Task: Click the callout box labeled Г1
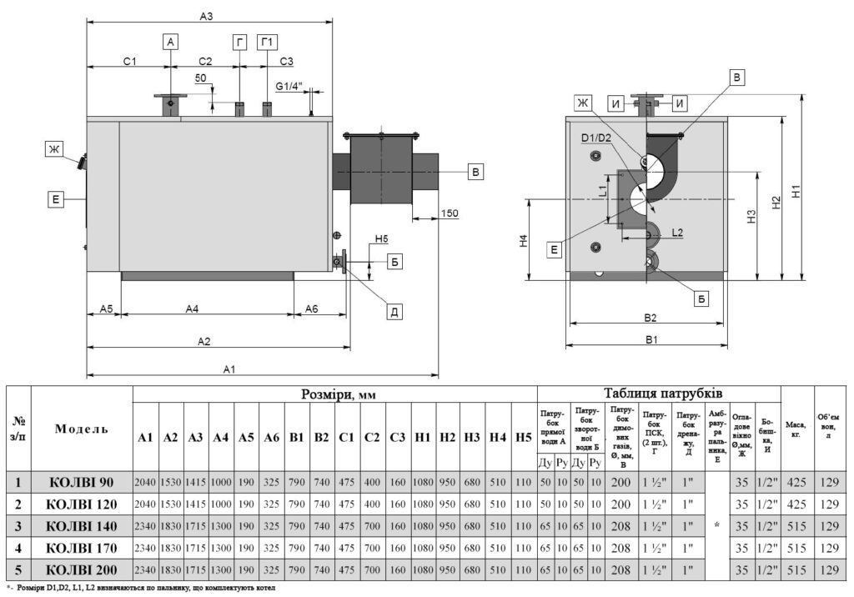point(268,41)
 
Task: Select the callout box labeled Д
point(395,312)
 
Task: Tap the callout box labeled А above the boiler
point(171,41)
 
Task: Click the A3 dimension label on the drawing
point(206,16)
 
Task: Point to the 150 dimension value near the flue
point(449,213)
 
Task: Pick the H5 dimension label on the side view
point(381,239)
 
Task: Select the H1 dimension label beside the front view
point(796,190)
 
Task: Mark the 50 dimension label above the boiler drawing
point(200,78)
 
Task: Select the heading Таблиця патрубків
point(658,393)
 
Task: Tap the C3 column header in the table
point(397,437)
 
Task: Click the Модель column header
point(81,429)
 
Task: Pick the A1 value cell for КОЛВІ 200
point(146,571)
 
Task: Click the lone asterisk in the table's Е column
point(716,526)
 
